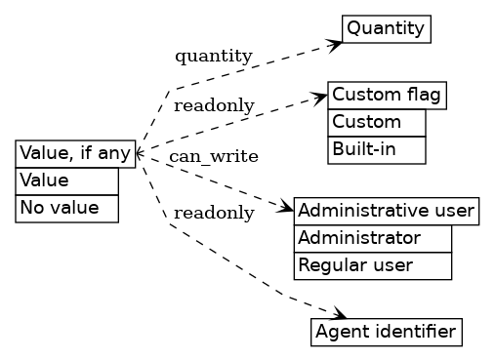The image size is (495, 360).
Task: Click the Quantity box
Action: (x=386, y=28)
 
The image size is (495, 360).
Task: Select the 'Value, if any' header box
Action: (x=75, y=153)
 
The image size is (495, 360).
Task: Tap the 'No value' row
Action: (x=66, y=208)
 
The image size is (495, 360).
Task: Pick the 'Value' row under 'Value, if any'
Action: (x=66, y=180)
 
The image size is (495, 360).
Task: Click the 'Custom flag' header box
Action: (x=387, y=95)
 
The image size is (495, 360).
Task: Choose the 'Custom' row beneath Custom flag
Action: (x=376, y=122)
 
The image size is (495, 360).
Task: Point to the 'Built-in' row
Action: (x=376, y=149)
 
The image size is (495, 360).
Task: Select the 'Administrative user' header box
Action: (x=386, y=211)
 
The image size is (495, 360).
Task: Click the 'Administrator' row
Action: (x=372, y=238)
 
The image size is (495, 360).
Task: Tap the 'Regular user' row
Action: (x=372, y=265)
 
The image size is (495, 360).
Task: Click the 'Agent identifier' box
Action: (x=386, y=333)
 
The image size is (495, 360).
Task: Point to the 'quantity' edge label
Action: (x=213, y=56)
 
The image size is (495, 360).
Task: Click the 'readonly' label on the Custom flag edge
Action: (x=214, y=105)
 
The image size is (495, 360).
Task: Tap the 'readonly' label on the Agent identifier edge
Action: (x=214, y=213)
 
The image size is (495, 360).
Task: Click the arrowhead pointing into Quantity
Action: (x=335, y=44)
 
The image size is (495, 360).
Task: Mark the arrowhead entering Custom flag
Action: (x=320, y=97)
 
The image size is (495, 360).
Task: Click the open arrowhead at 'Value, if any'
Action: (x=140, y=153)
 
